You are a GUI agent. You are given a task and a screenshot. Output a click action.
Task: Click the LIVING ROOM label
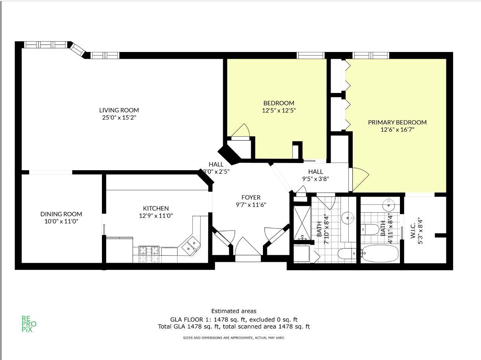pyautogui.click(x=119, y=110)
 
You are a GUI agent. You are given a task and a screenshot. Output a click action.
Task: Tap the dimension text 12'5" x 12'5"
pyautogui.click(x=279, y=111)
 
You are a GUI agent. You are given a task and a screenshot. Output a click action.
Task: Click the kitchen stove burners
pyautogui.click(x=149, y=254)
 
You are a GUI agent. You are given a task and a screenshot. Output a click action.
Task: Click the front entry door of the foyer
pyautogui.click(x=248, y=248)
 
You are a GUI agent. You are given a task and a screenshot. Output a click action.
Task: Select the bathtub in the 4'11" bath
pyautogui.click(x=380, y=254)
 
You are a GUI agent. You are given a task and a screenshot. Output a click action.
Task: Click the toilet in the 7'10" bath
pyautogui.click(x=346, y=254)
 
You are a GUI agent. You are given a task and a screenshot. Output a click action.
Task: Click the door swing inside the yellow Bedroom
pyautogui.click(x=240, y=131)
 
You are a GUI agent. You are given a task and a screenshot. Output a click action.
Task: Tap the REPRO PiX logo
pyautogui.click(x=29, y=324)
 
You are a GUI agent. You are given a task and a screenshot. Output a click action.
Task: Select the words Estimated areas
pyautogui.click(x=234, y=311)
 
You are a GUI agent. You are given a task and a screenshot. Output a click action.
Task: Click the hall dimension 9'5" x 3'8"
pyautogui.click(x=315, y=179)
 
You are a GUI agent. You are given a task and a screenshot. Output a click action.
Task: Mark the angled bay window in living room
pyautogui.click(x=78, y=50)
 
